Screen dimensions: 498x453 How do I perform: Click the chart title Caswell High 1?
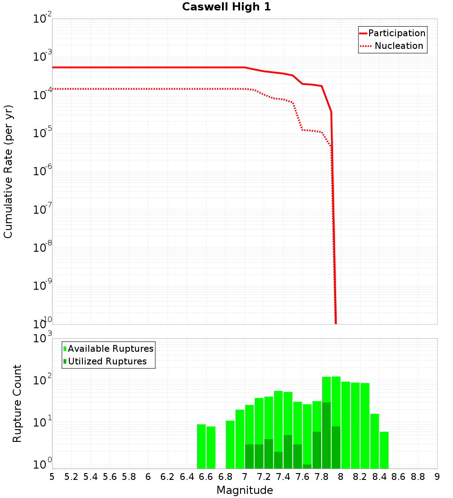coord(226,7)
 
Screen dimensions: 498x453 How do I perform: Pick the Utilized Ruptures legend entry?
coord(107,361)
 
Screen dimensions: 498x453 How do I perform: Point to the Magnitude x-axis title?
coord(245,490)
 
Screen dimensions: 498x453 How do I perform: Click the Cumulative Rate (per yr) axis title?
coord(8,172)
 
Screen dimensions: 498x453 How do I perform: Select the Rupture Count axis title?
coord(17,403)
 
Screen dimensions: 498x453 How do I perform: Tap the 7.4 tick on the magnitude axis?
coord(283,477)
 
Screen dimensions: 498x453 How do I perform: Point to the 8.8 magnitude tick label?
coord(418,477)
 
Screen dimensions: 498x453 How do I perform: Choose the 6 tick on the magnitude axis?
coord(148,477)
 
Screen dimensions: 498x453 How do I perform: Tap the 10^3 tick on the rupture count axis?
coord(43,338)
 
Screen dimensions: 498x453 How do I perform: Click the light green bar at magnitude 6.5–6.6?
coord(201,446)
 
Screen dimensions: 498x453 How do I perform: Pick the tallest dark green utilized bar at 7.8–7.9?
coord(326,435)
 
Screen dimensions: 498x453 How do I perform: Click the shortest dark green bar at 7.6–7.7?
coord(307,466)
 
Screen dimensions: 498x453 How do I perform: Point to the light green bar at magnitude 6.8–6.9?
coord(230,444)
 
